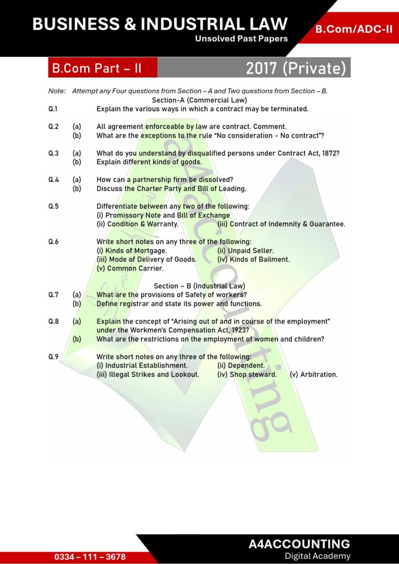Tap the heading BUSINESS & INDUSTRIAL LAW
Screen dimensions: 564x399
tap(160, 23)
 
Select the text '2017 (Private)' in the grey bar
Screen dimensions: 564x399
tap(295, 68)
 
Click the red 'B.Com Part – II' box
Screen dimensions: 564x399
tap(97, 68)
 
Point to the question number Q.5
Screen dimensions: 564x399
tap(54, 206)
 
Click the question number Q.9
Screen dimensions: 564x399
tap(54, 357)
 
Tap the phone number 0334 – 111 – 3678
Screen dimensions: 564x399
tap(90, 557)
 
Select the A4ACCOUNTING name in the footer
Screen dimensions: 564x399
tap(299, 544)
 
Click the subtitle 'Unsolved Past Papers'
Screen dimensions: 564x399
tap(241, 39)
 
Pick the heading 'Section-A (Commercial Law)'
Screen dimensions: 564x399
tap(199, 100)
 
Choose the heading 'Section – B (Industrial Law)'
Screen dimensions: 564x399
tap(199, 286)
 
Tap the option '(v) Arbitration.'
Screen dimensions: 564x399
tap(314, 374)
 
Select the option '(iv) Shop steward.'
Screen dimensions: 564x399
tap(247, 374)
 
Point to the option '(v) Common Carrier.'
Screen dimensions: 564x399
tap(130, 268)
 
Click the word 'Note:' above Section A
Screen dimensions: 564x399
tap(57, 91)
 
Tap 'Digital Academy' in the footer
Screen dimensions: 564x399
tap(317, 556)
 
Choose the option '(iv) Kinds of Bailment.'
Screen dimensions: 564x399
tap(254, 260)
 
